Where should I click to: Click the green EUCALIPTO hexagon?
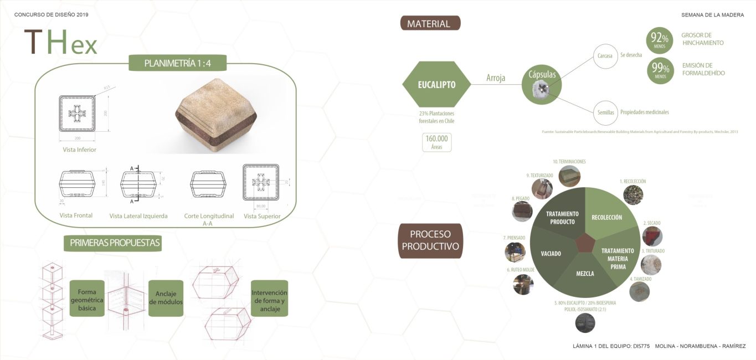[x=437, y=85]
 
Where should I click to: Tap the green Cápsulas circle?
[x=542, y=85]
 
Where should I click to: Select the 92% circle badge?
[x=660, y=40]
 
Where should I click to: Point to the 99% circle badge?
[x=660, y=70]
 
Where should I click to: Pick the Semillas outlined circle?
[x=605, y=112]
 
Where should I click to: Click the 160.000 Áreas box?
[x=436, y=142]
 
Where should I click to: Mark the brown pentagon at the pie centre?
[x=584, y=243]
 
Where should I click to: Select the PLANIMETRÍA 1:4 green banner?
[x=177, y=63]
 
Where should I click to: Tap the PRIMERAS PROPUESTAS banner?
[x=115, y=243]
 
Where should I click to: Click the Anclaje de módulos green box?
[x=166, y=298]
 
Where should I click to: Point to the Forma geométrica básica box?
[x=87, y=298]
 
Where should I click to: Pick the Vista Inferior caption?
[x=79, y=150]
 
